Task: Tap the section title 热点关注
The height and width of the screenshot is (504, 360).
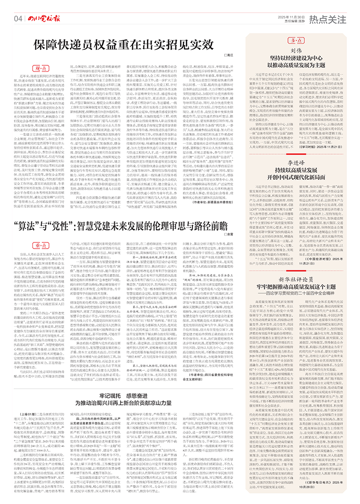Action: point(328,19)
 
